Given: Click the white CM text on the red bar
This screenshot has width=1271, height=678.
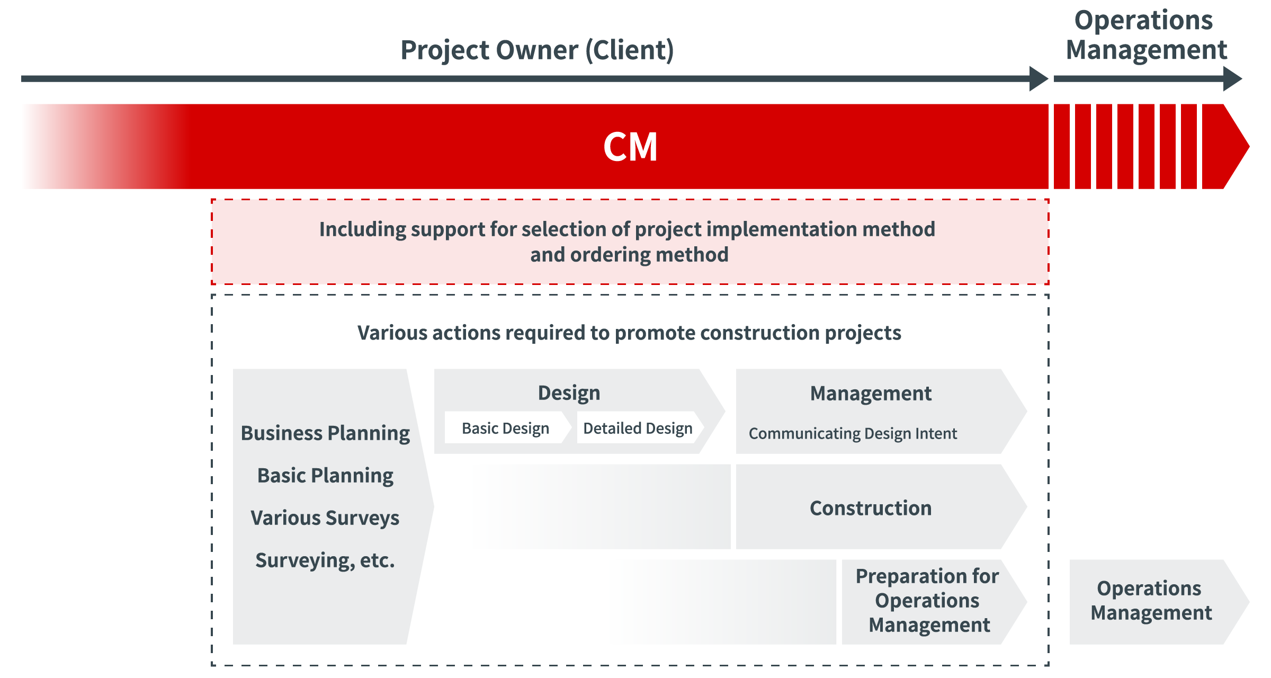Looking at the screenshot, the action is [x=630, y=147].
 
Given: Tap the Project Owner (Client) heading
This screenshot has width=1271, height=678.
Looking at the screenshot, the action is [x=537, y=50].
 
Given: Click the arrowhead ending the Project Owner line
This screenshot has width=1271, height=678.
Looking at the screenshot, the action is [x=1039, y=79].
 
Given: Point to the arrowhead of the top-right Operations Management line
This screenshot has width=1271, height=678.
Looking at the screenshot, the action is [x=1232, y=79].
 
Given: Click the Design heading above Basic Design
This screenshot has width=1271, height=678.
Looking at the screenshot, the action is [x=569, y=394].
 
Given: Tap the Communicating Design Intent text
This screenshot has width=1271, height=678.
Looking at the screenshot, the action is [x=853, y=434].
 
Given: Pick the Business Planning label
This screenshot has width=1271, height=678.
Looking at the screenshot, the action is [x=325, y=433].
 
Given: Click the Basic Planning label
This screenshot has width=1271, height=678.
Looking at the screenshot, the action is [x=325, y=476].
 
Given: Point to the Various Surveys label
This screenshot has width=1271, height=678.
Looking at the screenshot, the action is [x=325, y=518].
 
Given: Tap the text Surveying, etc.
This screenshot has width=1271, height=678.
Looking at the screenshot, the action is [x=325, y=560].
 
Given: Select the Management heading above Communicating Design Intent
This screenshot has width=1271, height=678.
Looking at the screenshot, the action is [x=871, y=394].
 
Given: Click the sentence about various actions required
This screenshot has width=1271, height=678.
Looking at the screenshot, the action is [x=629, y=333].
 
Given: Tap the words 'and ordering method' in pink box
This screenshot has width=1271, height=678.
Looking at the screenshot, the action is [x=629, y=255].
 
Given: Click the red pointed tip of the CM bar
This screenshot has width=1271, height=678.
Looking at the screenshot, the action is [x=1249, y=147].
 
